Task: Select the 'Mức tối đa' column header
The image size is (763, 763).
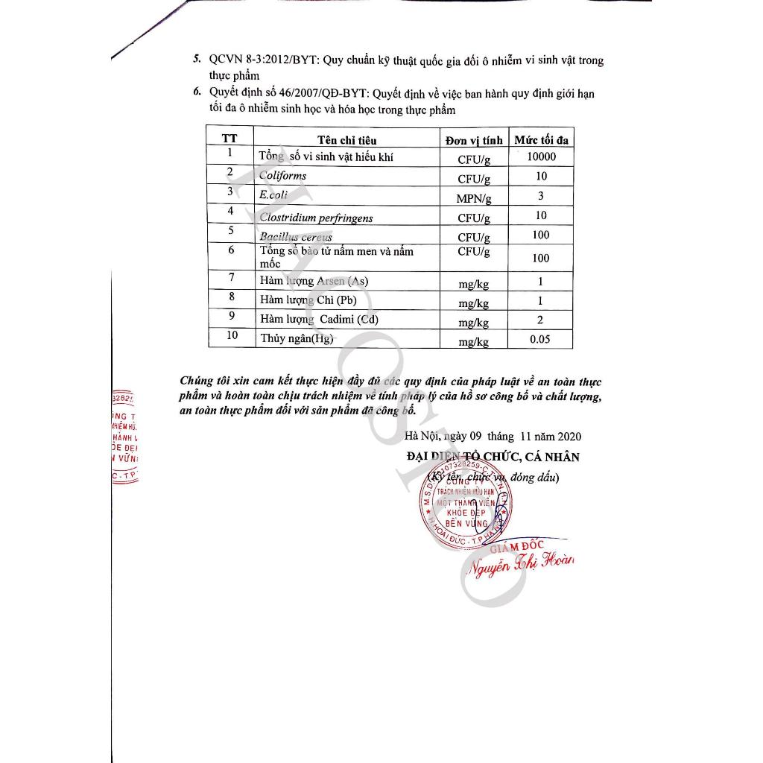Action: (541, 139)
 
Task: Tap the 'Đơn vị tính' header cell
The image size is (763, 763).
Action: (474, 139)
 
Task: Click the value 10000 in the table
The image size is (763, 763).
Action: (541, 157)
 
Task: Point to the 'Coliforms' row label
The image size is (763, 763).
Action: (283, 176)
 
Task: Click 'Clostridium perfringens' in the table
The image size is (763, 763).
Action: (316, 218)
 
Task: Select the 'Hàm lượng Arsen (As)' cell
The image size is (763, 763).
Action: (314, 281)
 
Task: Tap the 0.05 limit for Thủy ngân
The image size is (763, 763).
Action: (540, 339)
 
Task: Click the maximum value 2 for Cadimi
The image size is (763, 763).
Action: (541, 320)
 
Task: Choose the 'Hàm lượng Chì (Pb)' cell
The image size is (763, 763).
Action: (308, 300)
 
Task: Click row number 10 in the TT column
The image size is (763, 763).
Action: (232, 335)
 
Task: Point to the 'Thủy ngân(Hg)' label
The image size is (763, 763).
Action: (296, 339)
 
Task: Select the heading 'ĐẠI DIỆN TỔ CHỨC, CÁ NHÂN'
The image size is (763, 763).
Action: (493, 457)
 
